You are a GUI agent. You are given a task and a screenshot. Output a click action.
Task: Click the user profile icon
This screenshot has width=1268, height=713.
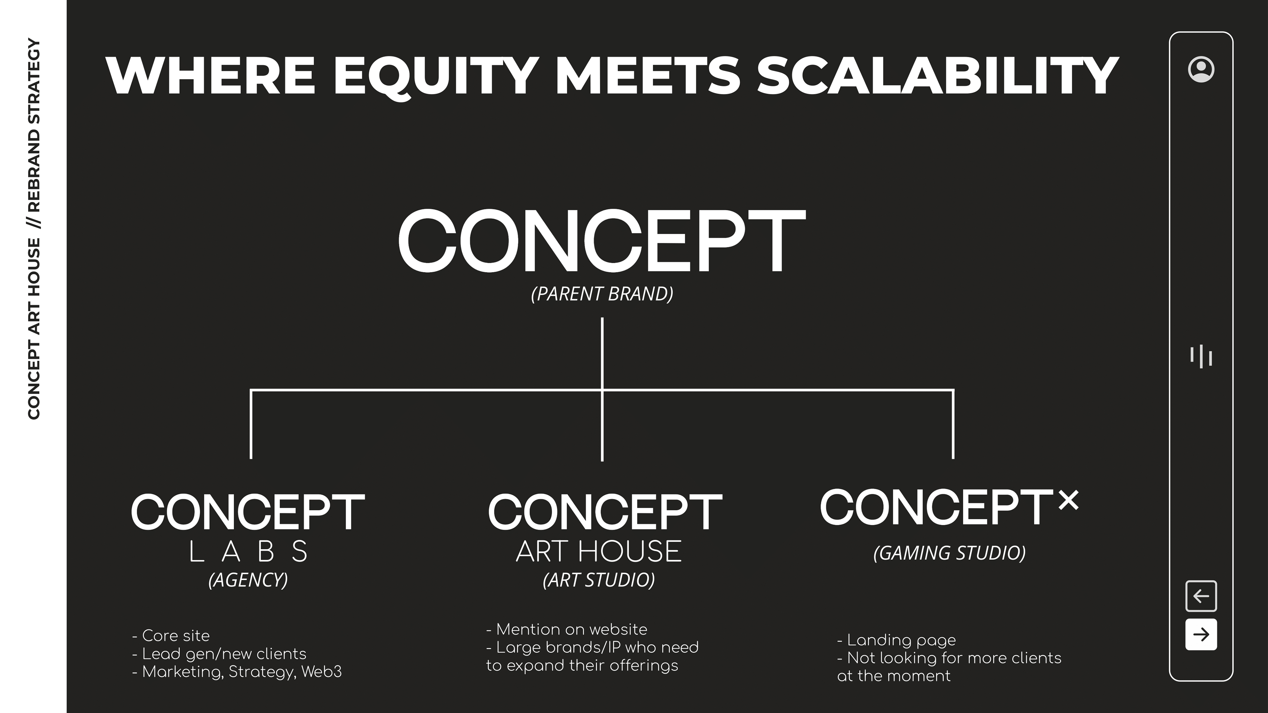pos(1201,69)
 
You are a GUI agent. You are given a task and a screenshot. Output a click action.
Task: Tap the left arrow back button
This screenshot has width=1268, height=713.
pos(1201,596)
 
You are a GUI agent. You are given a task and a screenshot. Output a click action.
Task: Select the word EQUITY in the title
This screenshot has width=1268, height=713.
pos(436,76)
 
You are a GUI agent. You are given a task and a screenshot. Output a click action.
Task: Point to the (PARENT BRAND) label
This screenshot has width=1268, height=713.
pos(602,294)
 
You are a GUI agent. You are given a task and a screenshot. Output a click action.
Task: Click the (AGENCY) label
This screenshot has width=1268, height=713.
pos(248,580)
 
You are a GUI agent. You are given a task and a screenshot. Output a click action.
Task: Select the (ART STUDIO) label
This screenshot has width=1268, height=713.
pos(599,580)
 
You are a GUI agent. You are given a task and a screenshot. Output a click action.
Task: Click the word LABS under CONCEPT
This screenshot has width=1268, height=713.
pos(249,551)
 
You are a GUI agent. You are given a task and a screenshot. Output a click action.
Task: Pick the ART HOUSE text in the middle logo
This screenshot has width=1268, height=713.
pos(599,551)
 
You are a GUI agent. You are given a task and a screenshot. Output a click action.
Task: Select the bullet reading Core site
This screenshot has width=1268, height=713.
pos(171,636)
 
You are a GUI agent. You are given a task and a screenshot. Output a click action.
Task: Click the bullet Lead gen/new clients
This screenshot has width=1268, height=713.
pos(220,654)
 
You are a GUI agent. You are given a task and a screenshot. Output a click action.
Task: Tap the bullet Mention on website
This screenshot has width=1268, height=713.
pos(567,629)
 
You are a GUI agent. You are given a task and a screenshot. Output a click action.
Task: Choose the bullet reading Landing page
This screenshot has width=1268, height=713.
pos(897,640)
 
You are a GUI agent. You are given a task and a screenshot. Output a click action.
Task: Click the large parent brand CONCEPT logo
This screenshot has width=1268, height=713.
pos(602,241)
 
